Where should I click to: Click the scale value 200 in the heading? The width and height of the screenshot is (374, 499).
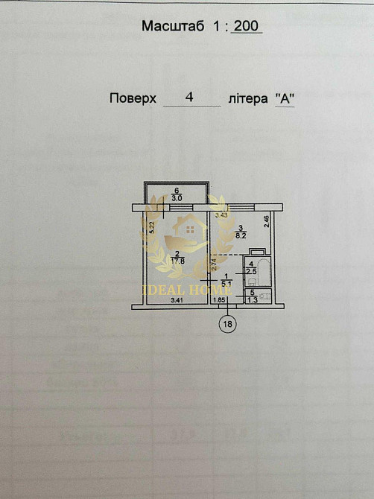pos(246,26)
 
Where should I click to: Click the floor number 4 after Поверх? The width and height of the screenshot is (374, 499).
pos(190,98)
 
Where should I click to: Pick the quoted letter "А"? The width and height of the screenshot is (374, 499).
pos(284,98)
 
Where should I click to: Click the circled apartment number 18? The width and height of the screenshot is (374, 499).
pos(227,323)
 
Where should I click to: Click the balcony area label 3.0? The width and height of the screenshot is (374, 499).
pos(177,199)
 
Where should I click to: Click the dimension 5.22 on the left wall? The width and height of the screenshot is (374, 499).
pos(150,229)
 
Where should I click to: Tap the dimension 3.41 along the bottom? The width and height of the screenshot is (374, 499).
pos(177,300)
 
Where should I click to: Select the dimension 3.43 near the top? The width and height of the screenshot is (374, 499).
pos(221,215)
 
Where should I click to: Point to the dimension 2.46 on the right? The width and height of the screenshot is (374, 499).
pos(267,221)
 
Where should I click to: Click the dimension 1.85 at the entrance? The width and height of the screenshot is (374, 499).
pos(219,300)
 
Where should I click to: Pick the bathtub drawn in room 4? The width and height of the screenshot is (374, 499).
pos(258,252)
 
